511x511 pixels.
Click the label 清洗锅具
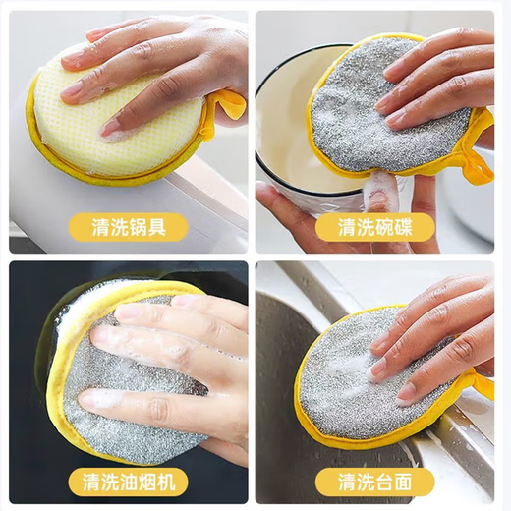pos(128,228)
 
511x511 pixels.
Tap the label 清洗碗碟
pos(382,228)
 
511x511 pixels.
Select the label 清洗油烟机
pos(128,482)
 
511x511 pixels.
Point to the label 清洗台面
pos(382,482)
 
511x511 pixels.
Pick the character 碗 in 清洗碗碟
pos(393,228)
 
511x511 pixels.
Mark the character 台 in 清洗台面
pos(393,482)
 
